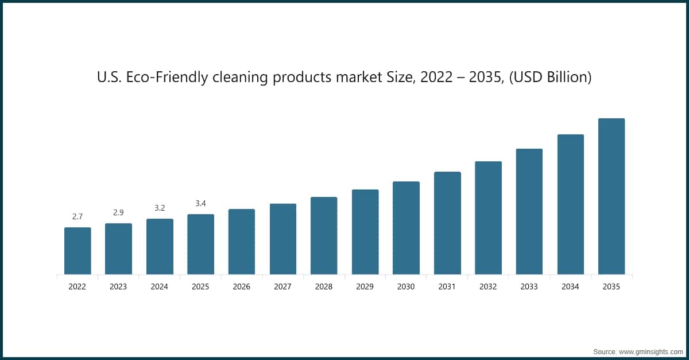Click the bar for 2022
tap(78, 251)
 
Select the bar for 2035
tap(611, 196)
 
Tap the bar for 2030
tap(406, 228)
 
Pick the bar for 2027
tap(283, 239)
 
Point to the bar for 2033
tap(529, 212)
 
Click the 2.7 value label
tap(78, 216)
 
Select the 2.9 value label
tap(118, 212)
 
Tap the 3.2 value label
tap(160, 208)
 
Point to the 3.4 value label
tap(200, 203)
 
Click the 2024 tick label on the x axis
tap(160, 287)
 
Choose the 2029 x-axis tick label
tap(365, 287)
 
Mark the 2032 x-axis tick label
tap(488, 287)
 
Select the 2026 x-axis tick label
tap(242, 287)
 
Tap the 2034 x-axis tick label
tap(570, 287)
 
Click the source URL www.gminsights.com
tap(651, 352)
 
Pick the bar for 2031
tap(447, 223)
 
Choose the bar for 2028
tap(324, 235)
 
